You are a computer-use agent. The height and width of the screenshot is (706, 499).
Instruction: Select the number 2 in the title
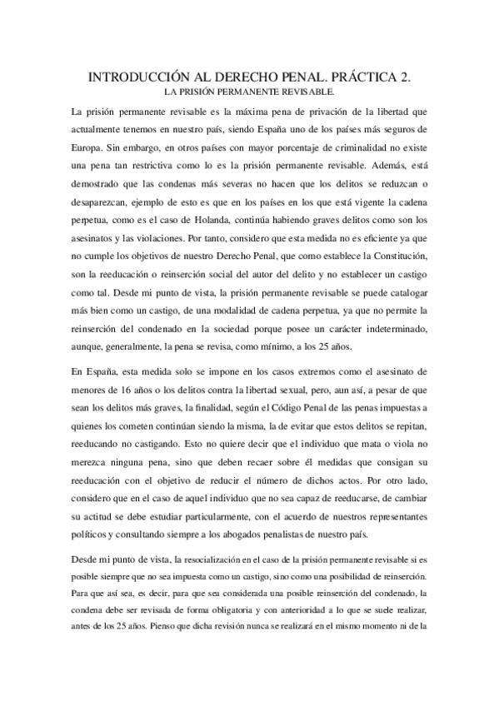pyautogui.click(x=406, y=77)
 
